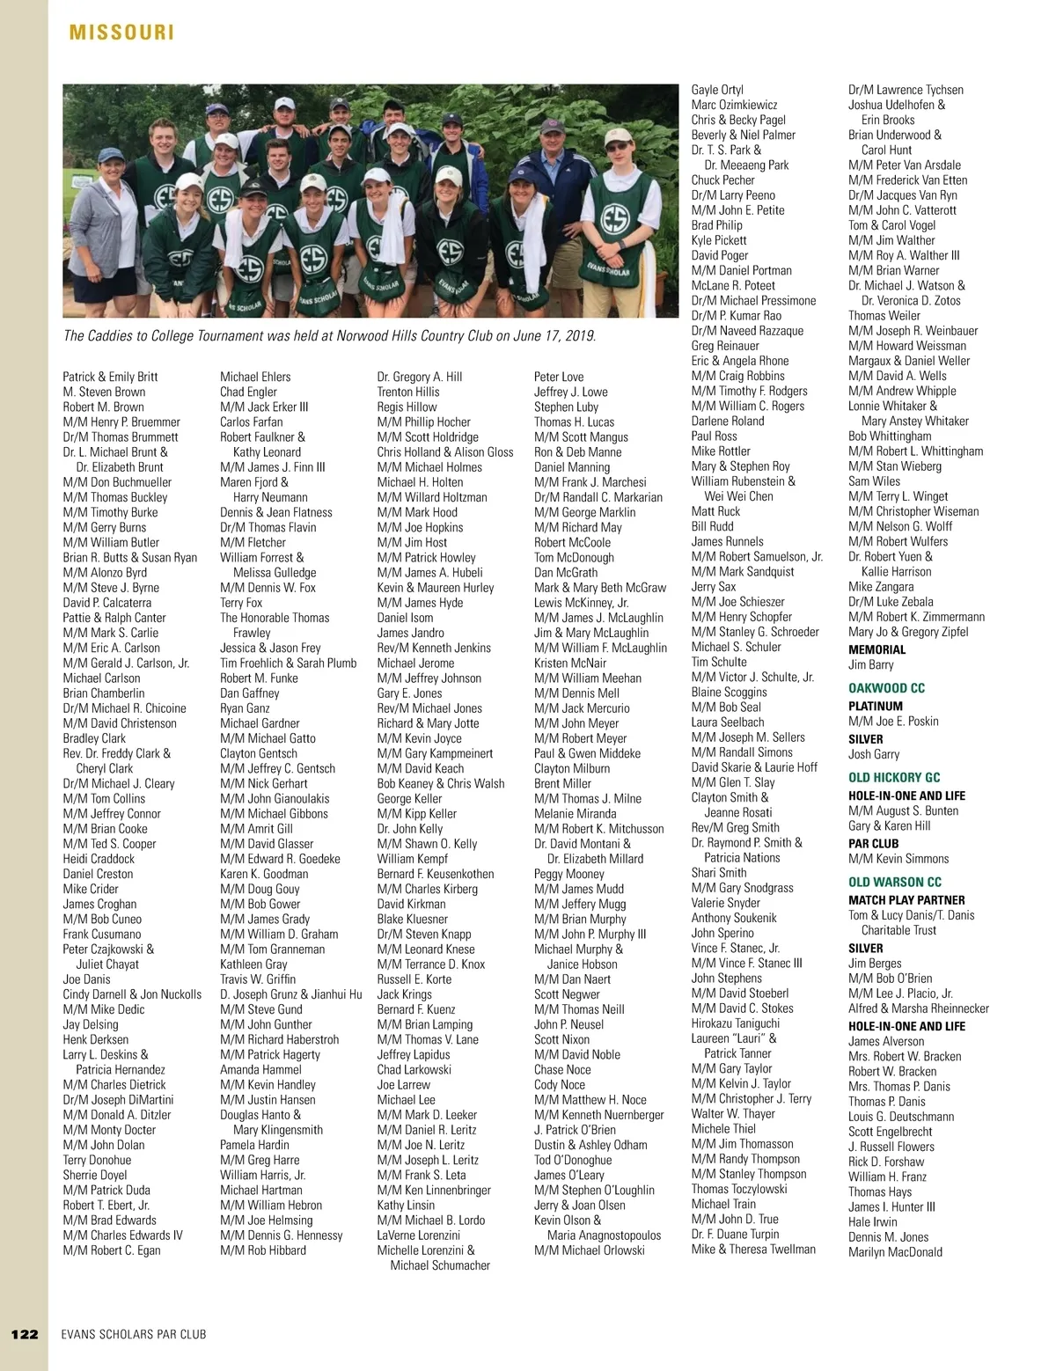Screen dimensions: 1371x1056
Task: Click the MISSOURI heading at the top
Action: [x=121, y=33]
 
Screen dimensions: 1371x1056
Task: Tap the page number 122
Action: [x=25, y=1334]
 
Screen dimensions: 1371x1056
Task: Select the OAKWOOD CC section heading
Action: [x=886, y=688]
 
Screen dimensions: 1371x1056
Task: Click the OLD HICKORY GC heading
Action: [x=894, y=777]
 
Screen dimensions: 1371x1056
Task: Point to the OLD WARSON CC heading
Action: [x=894, y=882]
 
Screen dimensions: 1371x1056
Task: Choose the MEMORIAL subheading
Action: [x=876, y=649]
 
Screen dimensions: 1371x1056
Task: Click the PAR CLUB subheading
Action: [x=873, y=843]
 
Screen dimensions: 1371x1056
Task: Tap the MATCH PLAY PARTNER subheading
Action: [x=906, y=900]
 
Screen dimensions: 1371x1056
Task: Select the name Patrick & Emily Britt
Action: [x=110, y=377]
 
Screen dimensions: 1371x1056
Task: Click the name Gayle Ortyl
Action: [x=717, y=90]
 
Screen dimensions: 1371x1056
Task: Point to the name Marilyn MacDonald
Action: [x=895, y=1251]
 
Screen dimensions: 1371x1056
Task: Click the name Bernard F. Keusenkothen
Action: [x=436, y=874]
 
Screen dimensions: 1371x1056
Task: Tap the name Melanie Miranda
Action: [x=575, y=813]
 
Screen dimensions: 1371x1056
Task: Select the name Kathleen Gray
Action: [x=253, y=964]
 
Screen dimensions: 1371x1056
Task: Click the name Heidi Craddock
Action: [x=99, y=859]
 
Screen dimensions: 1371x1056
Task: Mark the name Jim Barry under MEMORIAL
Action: [x=870, y=665]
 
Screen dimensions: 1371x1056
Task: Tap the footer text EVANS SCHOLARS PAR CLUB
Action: [x=134, y=1334]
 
